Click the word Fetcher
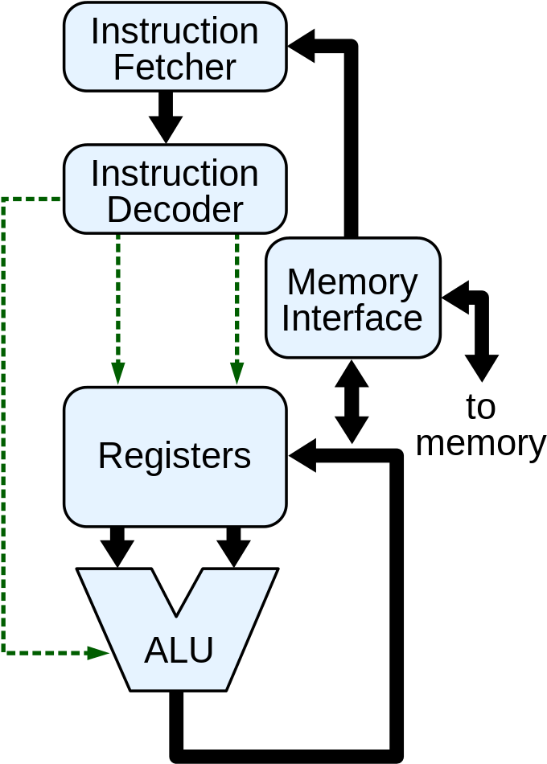tap(175, 68)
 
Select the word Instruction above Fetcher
tap(175, 31)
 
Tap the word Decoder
tap(175, 210)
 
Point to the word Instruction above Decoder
tap(175, 174)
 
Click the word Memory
tap(352, 281)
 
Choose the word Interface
tap(352, 318)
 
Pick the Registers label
tap(175, 456)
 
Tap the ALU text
tap(179, 651)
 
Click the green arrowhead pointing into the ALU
tap(99, 653)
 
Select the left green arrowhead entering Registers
tap(118, 373)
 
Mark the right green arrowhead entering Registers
tap(237, 373)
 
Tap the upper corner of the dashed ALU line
tap(4, 199)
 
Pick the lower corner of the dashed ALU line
tap(4, 652)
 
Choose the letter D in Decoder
tap(117, 210)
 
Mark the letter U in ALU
tap(202, 651)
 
